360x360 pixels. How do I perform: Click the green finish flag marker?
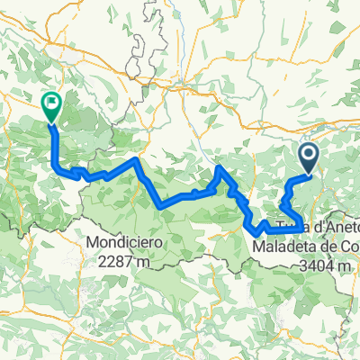click(x=50, y=106)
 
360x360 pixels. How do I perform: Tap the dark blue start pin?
click(x=308, y=157)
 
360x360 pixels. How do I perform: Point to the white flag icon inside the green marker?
click(x=50, y=103)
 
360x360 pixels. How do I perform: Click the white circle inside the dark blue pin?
click(x=308, y=156)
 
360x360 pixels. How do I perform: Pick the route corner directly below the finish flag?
click(x=58, y=167)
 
